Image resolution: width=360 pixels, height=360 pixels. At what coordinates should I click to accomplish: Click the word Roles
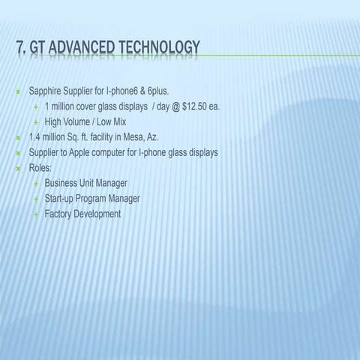click(40, 168)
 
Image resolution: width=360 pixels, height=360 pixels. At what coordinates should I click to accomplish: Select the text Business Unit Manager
click(85, 183)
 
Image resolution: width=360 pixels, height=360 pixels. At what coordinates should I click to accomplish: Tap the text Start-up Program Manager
click(91, 199)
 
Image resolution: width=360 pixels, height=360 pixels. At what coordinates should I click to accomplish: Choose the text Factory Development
click(82, 214)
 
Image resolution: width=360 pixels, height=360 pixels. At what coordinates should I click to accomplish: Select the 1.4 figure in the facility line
click(34, 137)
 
